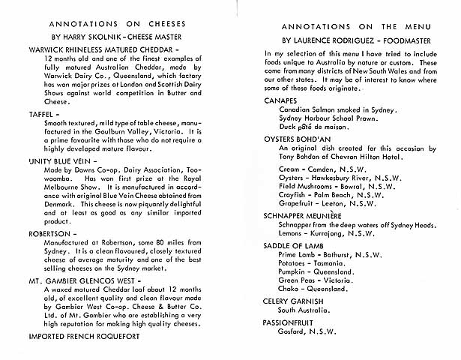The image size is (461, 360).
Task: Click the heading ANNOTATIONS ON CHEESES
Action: (x=117, y=23)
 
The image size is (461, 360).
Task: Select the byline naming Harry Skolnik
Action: (x=117, y=37)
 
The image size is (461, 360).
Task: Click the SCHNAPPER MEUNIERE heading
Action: (x=311, y=214)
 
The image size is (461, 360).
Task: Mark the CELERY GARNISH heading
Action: (x=294, y=301)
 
